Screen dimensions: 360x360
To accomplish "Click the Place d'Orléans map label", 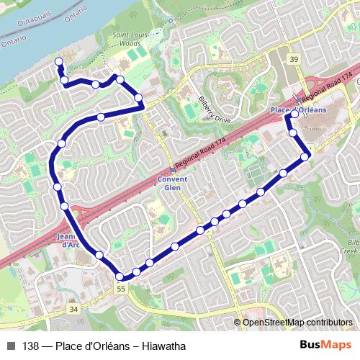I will [x=298, y=109].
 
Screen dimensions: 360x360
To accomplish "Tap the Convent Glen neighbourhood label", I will [x=173, y=184].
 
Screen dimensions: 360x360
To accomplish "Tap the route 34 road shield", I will [x=73, y=308].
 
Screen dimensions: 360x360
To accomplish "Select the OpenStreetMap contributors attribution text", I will [x=298, y=323].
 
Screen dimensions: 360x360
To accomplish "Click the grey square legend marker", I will [x=11, y=346].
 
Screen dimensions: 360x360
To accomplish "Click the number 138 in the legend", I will [x=30, y=346].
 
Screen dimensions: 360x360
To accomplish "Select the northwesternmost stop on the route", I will [x=58, y=62].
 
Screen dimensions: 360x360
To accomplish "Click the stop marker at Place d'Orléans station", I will [x=294, y=114].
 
